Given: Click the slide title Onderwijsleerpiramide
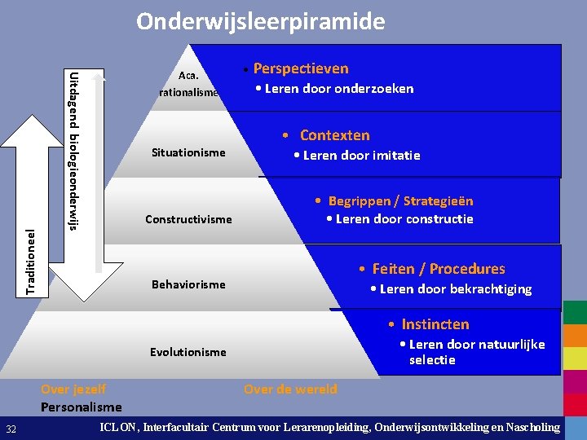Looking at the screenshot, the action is [x=260, y=21].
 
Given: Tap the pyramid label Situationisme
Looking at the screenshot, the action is [x=188, y=152].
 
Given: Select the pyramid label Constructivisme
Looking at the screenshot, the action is [x=188, y=219].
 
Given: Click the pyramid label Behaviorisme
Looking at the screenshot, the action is [x=188, y=284].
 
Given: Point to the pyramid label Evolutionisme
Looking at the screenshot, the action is [x=188, y=352].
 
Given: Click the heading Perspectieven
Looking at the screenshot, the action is [x=300, y=68].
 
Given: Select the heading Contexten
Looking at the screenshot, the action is [x=334, y=135].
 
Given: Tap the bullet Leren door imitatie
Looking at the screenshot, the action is [x=361, y=155].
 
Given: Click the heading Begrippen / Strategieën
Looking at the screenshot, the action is [x=399, y=200].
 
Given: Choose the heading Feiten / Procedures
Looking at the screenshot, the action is [x=438, y=269].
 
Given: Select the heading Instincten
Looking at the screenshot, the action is [x=435, y=324].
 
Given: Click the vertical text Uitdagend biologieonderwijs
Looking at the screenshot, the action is [x=73, y=151].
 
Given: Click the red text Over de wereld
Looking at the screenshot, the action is [x=290, y=389].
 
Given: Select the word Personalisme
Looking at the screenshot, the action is [x=81, y=407].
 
